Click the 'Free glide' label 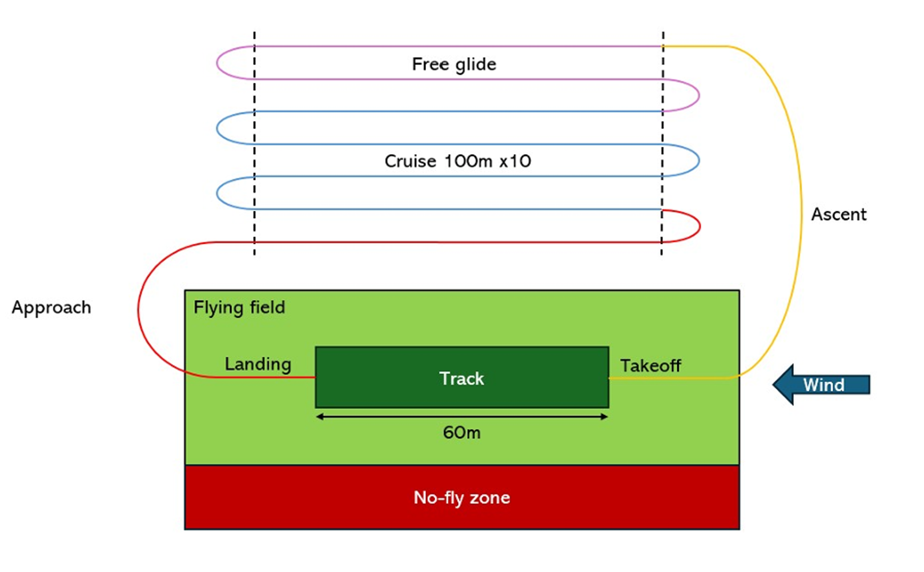click(x=454, y=64)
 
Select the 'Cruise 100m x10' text click(x=457, y=161)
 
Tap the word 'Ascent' click(x=838, y=215)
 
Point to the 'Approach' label click(x=51, y=307)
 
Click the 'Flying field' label click(x=239, y=308)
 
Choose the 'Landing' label click(x=258, y=364)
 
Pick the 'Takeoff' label click(x=650, y=365)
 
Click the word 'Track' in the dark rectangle click(x=461, y=378)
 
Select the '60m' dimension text click(x=461, y=433)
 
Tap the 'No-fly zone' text click(x=461, y=498)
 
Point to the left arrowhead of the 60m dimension click(x=320, y=417)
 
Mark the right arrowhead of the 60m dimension click(x=604, y=417)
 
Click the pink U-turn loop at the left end click(x=217, y=63)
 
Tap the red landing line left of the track click(x=268, y=377)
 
